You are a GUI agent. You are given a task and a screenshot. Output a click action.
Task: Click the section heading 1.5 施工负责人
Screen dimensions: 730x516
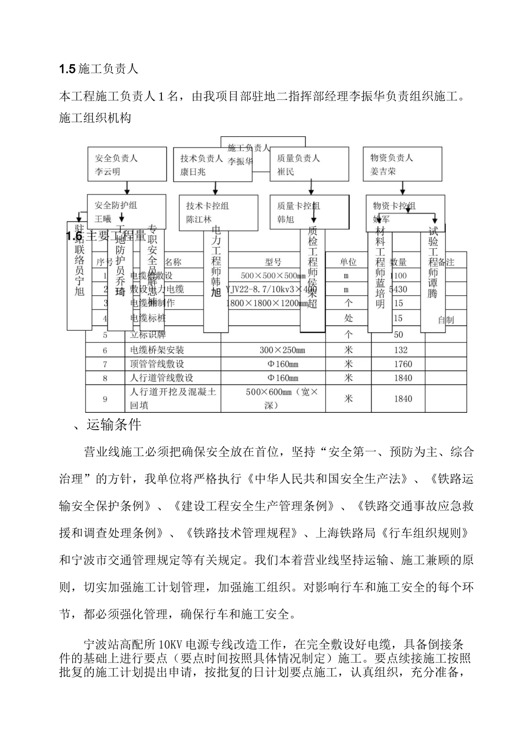tap(99, 69)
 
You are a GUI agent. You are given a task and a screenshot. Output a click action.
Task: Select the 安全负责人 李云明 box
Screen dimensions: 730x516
tap(127, 165)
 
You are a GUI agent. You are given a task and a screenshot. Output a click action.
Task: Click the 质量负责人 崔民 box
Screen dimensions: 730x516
tap(310, 165)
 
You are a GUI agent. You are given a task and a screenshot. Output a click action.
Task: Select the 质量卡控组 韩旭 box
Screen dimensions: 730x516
tap(310, 212)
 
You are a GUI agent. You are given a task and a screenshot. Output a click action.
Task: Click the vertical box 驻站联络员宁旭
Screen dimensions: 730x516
tap(79, 275)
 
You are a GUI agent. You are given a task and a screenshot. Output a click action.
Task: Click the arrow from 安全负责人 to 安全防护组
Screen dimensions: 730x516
tap(127, 188)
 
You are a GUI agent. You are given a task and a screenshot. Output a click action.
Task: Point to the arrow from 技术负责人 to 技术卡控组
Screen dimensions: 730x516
tap(216, 188)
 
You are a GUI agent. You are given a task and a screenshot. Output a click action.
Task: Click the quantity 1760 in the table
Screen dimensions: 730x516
tap(402, 364)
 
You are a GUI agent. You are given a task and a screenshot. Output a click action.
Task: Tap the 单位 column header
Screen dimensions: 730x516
tap(348, 262)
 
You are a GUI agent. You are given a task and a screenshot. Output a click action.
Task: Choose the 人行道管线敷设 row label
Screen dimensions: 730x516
tap(161, 378)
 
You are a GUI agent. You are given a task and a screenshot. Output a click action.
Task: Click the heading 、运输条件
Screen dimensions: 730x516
tap(107, 424)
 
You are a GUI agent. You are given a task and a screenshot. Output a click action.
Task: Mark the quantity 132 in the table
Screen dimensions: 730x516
tap(400, 350)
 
